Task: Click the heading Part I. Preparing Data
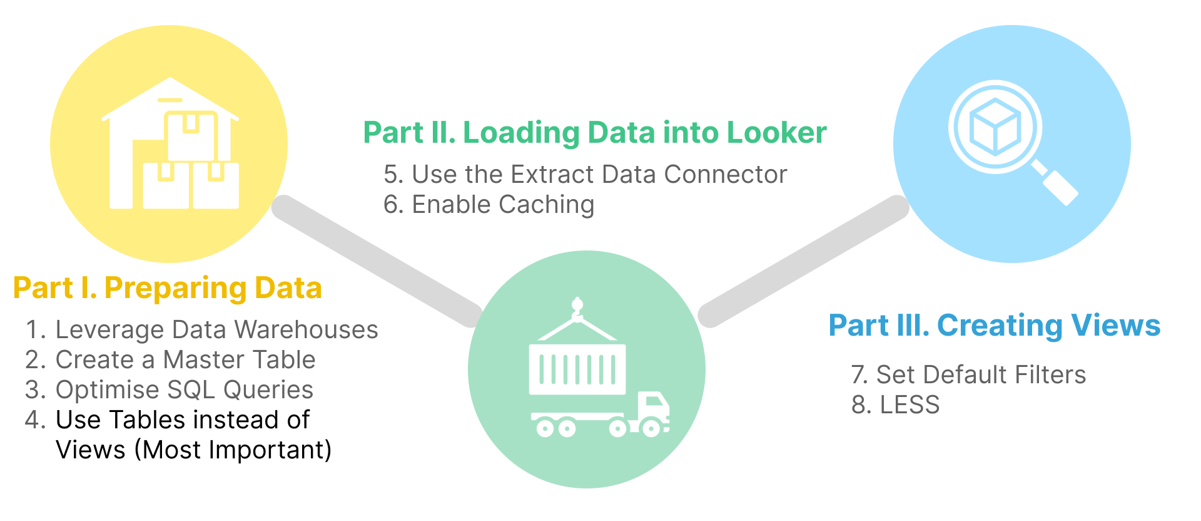pyautogui.click(x=167, y=288)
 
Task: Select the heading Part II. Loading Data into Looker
pyautogui.click(x=594, y=133)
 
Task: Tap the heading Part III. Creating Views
pyautogui.click(x=994, y=326)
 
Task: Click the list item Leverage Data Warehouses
pyautogui.click(x=216, y=330)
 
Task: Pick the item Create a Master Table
pyautogui.click(x=185, y=360)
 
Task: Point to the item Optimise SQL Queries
pyautogui.click(x=184, y=390)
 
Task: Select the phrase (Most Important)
pyautogui.click(x=233, y=450)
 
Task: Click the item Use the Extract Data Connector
pyautogui.click(x=599, y=175)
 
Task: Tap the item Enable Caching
pyautogui.click(x=502, y=205)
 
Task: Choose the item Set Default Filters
pyautogui.click(x=980, y=375)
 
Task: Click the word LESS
pyautogui.click(x=910, y=405)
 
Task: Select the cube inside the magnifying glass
pyautogui.click(x=995, y=126)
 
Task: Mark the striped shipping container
pyautogui.click(x=577, y=369)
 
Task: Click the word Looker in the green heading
pyautogui.click(x=776, y=133)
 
